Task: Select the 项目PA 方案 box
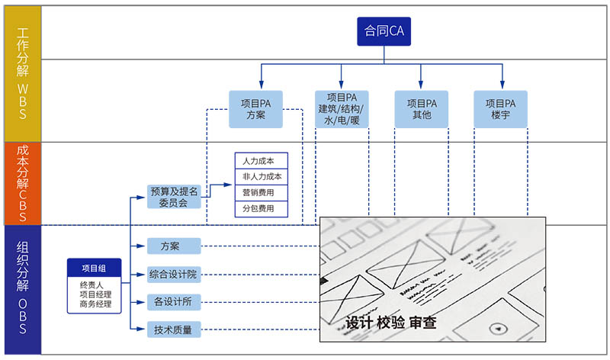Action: pyautogui.click(x=255, y=109)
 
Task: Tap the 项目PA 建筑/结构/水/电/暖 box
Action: pyautogui.click(x=342, y=109)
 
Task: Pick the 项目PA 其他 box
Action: pyautogui.click(x=422, y=109)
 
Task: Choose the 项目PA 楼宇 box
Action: pyautogui.click(x=500, y=109)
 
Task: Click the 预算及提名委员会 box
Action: pyautogui.click(x=174, y=197)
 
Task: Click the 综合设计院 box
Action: pyautogui.click(x=174, y=274)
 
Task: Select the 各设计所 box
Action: pyautogui.click(x=174, y=301)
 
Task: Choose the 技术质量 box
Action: pyautogui.click(x=174, y=329)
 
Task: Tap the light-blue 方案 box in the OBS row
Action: pyautogui.click(x=174, y=246)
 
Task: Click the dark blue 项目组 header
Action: pyautogui.click(x=95, y=268)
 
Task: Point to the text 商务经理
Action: pyautogui.click(x=95, y=304)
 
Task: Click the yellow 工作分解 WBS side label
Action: pyautogui.click(x=22, y=74)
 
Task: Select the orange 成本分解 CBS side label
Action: pyautogui.click(x=22, y=183)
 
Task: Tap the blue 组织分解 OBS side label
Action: pyautogui.click(x=22, y=289)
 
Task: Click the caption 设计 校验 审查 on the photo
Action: pyautogui.click(x=391, y=323)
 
